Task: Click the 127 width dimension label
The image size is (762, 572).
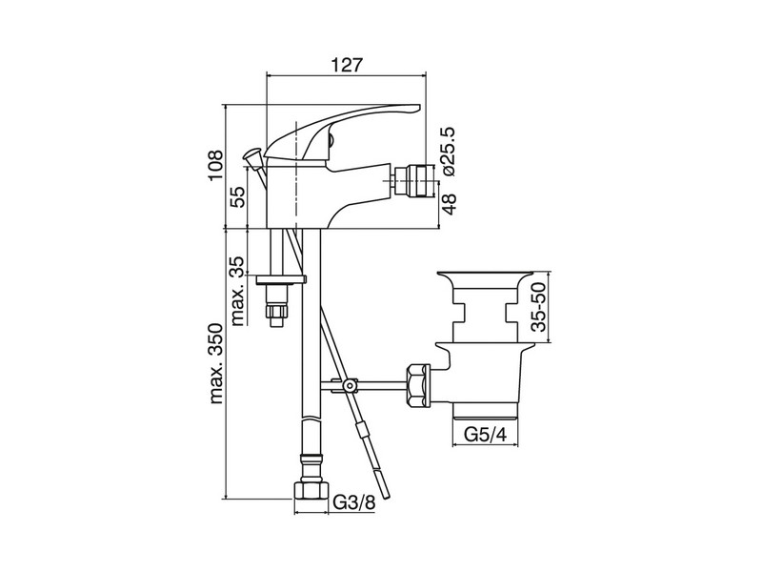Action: pyautogui.click(x=347, y=65)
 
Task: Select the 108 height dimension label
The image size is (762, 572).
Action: pyautogui.click(x=216, y=166)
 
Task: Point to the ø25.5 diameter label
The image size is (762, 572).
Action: pyautogui.click(x=447, y=152)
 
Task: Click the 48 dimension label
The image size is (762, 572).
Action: pyautogui.click(x=450, y=205)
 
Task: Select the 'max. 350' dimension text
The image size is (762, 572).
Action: pyautogui.click(x=216, y=363)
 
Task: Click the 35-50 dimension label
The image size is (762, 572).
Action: pyautogui.click(x=539, y=307)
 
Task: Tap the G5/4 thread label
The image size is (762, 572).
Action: pyautogui.click(x=486, y=435)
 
